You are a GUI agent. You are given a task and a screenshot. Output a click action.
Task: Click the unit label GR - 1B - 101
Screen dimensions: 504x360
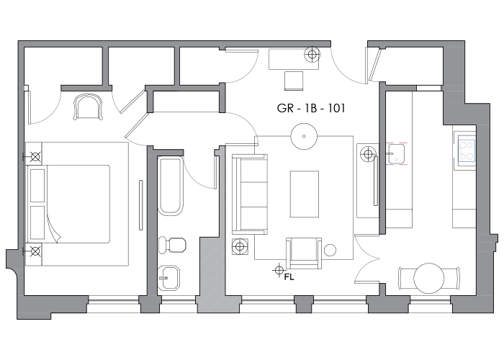(x=311, y=108)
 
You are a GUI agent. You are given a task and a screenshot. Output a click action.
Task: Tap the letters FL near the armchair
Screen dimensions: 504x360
(x=289, y=277)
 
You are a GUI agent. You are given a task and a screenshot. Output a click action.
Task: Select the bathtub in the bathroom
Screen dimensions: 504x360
(x=171, y=186)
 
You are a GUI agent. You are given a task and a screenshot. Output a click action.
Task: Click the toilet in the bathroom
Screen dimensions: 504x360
(x=172, y=245)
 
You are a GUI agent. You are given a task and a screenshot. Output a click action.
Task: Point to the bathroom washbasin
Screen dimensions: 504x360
(x=169, y=278)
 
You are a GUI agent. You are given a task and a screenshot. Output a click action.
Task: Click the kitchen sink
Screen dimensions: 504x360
(x=397, y=153)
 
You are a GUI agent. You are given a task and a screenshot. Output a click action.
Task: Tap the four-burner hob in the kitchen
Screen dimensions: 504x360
(x=467, y=150)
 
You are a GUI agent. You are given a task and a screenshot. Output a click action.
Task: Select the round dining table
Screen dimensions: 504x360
(x=429, y=278)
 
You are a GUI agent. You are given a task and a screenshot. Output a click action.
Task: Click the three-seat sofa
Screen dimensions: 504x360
(x=250, y=194)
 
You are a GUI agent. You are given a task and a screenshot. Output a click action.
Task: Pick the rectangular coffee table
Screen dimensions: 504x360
(x=305, y=194)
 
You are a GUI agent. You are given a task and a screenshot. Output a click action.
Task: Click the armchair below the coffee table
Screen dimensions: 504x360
(x=304, y=253)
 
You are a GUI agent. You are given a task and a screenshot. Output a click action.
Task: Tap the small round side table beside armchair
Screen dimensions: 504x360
(x=330, y=250)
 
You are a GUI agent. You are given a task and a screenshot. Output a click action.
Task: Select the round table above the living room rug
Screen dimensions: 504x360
(x=304, y=136)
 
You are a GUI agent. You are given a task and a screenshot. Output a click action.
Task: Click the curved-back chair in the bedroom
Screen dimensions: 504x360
(x=88, y=107)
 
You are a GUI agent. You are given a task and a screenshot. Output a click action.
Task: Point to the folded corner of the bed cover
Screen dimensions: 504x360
(x=53, y=228)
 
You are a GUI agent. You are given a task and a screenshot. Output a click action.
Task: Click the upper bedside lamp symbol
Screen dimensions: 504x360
(x=35, y=157)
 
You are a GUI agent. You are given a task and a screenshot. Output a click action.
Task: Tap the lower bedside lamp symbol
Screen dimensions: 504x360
(x=35, y=251)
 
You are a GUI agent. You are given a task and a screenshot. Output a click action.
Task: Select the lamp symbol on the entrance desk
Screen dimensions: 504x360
(x=312, y=54)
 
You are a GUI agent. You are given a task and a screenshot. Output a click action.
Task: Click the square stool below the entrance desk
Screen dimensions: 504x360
(x=294, y=81)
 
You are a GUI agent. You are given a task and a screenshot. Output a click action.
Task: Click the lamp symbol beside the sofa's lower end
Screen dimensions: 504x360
(x=240, y=246)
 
